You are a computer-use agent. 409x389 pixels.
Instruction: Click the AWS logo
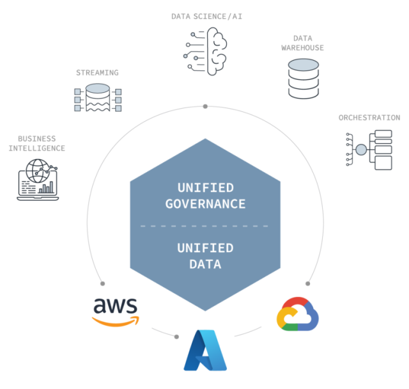116,311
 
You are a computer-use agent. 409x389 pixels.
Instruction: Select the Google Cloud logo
297,314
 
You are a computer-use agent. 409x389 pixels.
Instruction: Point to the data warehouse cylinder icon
303,77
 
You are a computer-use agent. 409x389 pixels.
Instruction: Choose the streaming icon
98,98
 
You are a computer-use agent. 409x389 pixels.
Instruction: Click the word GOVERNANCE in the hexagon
205,204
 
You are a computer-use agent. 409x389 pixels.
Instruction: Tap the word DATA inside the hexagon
205,264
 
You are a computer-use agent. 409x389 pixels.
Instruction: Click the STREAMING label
97,73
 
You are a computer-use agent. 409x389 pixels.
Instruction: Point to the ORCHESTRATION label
369,118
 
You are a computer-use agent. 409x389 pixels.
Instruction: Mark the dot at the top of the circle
205,106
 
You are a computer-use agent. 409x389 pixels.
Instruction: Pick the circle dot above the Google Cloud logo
308,283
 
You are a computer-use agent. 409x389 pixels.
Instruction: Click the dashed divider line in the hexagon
205,226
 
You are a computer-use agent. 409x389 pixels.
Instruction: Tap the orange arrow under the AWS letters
116,321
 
